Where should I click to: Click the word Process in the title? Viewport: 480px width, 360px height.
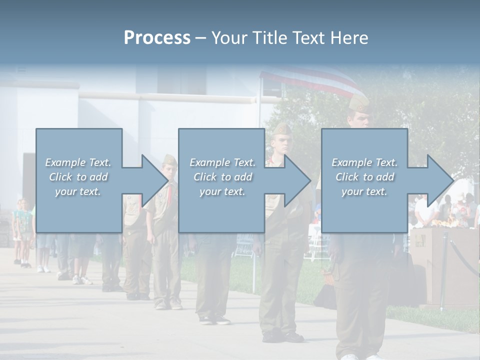click(157, 38)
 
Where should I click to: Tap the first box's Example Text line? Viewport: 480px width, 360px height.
click(78, 162)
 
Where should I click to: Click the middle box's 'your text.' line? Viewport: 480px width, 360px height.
click(222, 191)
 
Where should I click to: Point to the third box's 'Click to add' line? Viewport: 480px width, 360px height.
click(364, 177)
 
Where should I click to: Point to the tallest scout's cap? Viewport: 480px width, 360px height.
click(359, 104)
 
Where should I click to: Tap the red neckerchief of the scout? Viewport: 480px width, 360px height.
click(171, 190)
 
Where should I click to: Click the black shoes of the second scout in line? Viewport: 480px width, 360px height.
click(282, 336)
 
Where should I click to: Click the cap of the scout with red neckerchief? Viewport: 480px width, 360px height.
click(170, 160)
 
